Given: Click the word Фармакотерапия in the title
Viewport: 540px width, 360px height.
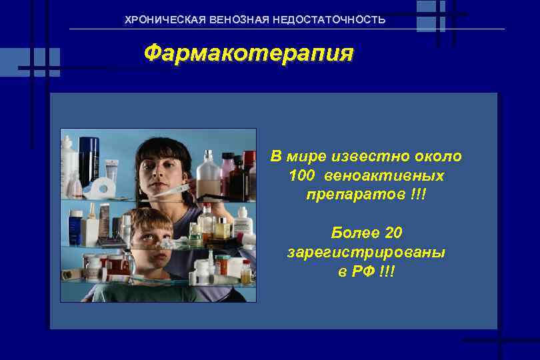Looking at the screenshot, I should pos(249,53).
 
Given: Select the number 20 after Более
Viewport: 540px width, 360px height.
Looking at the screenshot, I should pos(393,233).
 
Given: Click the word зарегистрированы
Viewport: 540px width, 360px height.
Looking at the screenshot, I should pos(366,253).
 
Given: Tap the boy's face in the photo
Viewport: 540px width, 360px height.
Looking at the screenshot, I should pos(148,233).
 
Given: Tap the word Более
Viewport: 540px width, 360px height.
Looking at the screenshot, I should pos(355,233).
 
